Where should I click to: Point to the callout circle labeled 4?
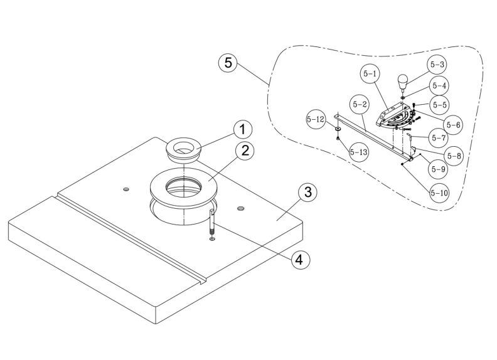298,259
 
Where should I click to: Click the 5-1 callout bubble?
370,74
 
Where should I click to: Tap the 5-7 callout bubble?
438,136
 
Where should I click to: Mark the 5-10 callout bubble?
439,193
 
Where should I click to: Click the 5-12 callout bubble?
316,119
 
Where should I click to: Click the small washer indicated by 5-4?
403,98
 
